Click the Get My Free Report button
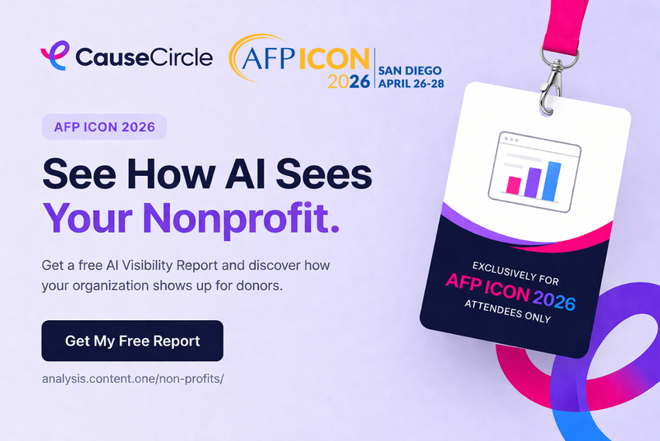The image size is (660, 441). coord(132,341)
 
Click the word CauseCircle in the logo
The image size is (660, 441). coord(144,57)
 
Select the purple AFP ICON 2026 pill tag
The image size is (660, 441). coord(105,126)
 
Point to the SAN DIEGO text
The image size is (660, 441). coord(410,71)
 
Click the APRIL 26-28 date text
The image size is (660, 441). coord(411,84)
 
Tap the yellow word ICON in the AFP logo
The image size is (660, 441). coord(333,58)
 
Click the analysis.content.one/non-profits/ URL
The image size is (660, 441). coord(133,379)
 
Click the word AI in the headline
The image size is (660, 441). coord(245,174)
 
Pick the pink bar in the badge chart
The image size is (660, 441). coord(513,185)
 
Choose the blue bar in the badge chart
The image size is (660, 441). coord(552,181)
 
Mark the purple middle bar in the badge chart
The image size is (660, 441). coord(533,183)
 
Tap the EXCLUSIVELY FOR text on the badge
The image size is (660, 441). coord(516,273)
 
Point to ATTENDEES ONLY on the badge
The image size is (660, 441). coord(508,312)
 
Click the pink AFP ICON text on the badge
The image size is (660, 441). coord(487,287)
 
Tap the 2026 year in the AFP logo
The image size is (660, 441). coord(348,81)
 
